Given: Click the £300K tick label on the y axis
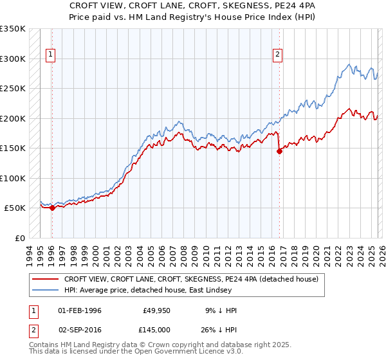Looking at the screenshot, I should pos(13,59).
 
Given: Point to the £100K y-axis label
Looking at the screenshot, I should pos(13,178).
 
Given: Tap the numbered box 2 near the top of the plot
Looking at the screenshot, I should pos(278,55).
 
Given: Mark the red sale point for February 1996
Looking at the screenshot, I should pos(52,208).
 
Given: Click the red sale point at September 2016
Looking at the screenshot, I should pos(279,152).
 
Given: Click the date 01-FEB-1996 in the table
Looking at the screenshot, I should pos(80,310).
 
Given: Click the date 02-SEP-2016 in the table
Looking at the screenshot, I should pos(80,328).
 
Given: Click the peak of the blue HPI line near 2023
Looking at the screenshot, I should pos(348,64).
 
